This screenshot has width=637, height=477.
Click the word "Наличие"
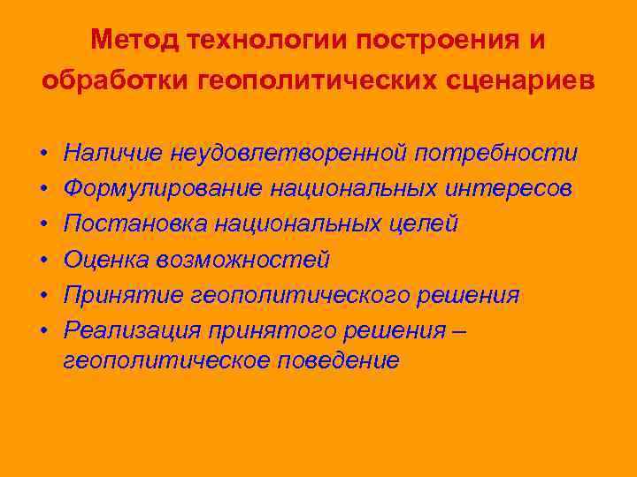click(112, 153)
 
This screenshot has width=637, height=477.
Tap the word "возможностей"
click(242, 259)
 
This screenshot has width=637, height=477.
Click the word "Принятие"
click(119, 294)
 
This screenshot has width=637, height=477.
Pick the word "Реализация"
click(132, 329)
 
